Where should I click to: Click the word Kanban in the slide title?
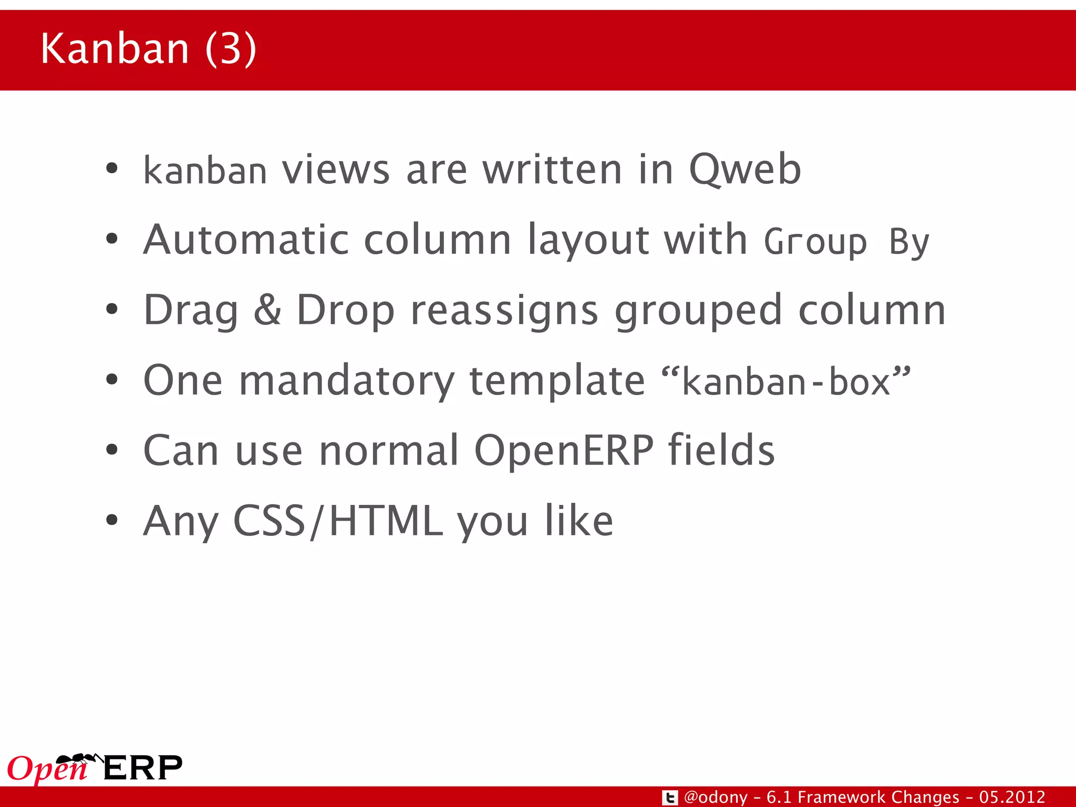pos(115,49)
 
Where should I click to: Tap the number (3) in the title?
pos(231,49)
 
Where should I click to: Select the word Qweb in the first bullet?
pos(744,170)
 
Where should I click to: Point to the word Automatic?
pos(246,240)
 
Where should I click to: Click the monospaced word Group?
pos(815,242)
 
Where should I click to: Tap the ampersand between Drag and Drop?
pos(267,310)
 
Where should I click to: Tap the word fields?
pos(721,450)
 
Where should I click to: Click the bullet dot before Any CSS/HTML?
pos(111,520)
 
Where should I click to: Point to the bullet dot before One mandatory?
pos(111,379)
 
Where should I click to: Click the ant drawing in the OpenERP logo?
pos(79,759)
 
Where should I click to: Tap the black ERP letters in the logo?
pos(142,768)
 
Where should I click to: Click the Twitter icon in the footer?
pos(669,798)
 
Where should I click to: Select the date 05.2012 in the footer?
pos(1012,797)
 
